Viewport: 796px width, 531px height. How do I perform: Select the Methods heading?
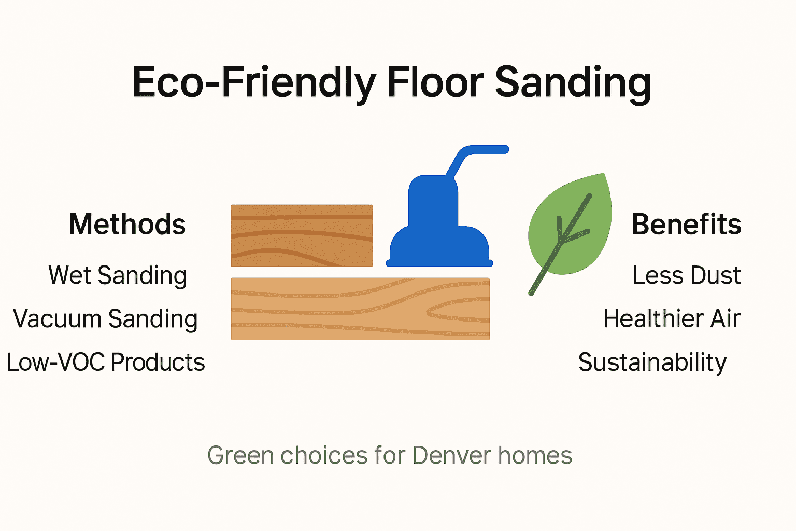coord(127,225)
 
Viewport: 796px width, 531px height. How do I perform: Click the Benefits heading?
coord(686,225)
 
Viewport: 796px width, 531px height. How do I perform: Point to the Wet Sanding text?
coord(118,275)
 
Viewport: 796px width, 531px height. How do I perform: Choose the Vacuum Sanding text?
coord(105,319)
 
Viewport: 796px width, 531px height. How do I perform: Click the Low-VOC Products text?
coord(105,362)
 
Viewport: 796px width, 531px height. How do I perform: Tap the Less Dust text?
coord(686,275)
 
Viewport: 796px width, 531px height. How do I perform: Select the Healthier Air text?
coord(672,319)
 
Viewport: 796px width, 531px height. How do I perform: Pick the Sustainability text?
coord(652,362)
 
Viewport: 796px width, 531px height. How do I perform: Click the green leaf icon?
coord(570,226)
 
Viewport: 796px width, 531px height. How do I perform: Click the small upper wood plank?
coord(301,235)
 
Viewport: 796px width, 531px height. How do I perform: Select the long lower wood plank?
coord(360,309)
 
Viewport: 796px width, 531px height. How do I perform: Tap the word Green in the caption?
coord(240,456)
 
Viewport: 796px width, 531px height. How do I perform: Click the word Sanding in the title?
coord(573,83)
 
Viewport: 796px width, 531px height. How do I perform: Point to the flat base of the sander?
coord(439,263)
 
